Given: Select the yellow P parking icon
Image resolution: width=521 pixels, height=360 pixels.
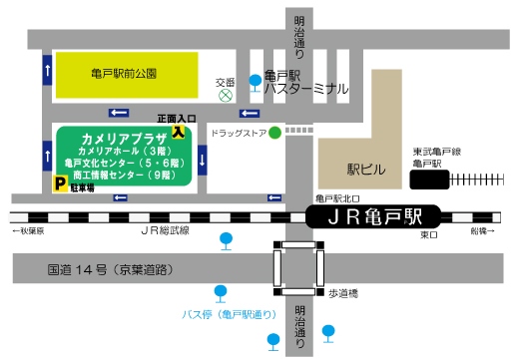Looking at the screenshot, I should click(60, 183).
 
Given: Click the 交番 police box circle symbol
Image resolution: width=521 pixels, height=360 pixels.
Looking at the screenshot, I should click(226, 97).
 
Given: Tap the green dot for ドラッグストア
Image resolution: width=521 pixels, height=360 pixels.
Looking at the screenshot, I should click(274, 133).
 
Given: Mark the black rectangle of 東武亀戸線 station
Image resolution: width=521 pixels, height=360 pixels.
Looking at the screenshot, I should click(430, 180).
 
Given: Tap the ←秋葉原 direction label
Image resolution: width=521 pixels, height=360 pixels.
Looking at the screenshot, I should click(29, 231).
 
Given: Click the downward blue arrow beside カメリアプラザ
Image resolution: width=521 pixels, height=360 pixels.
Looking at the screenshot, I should click(204, 159).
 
